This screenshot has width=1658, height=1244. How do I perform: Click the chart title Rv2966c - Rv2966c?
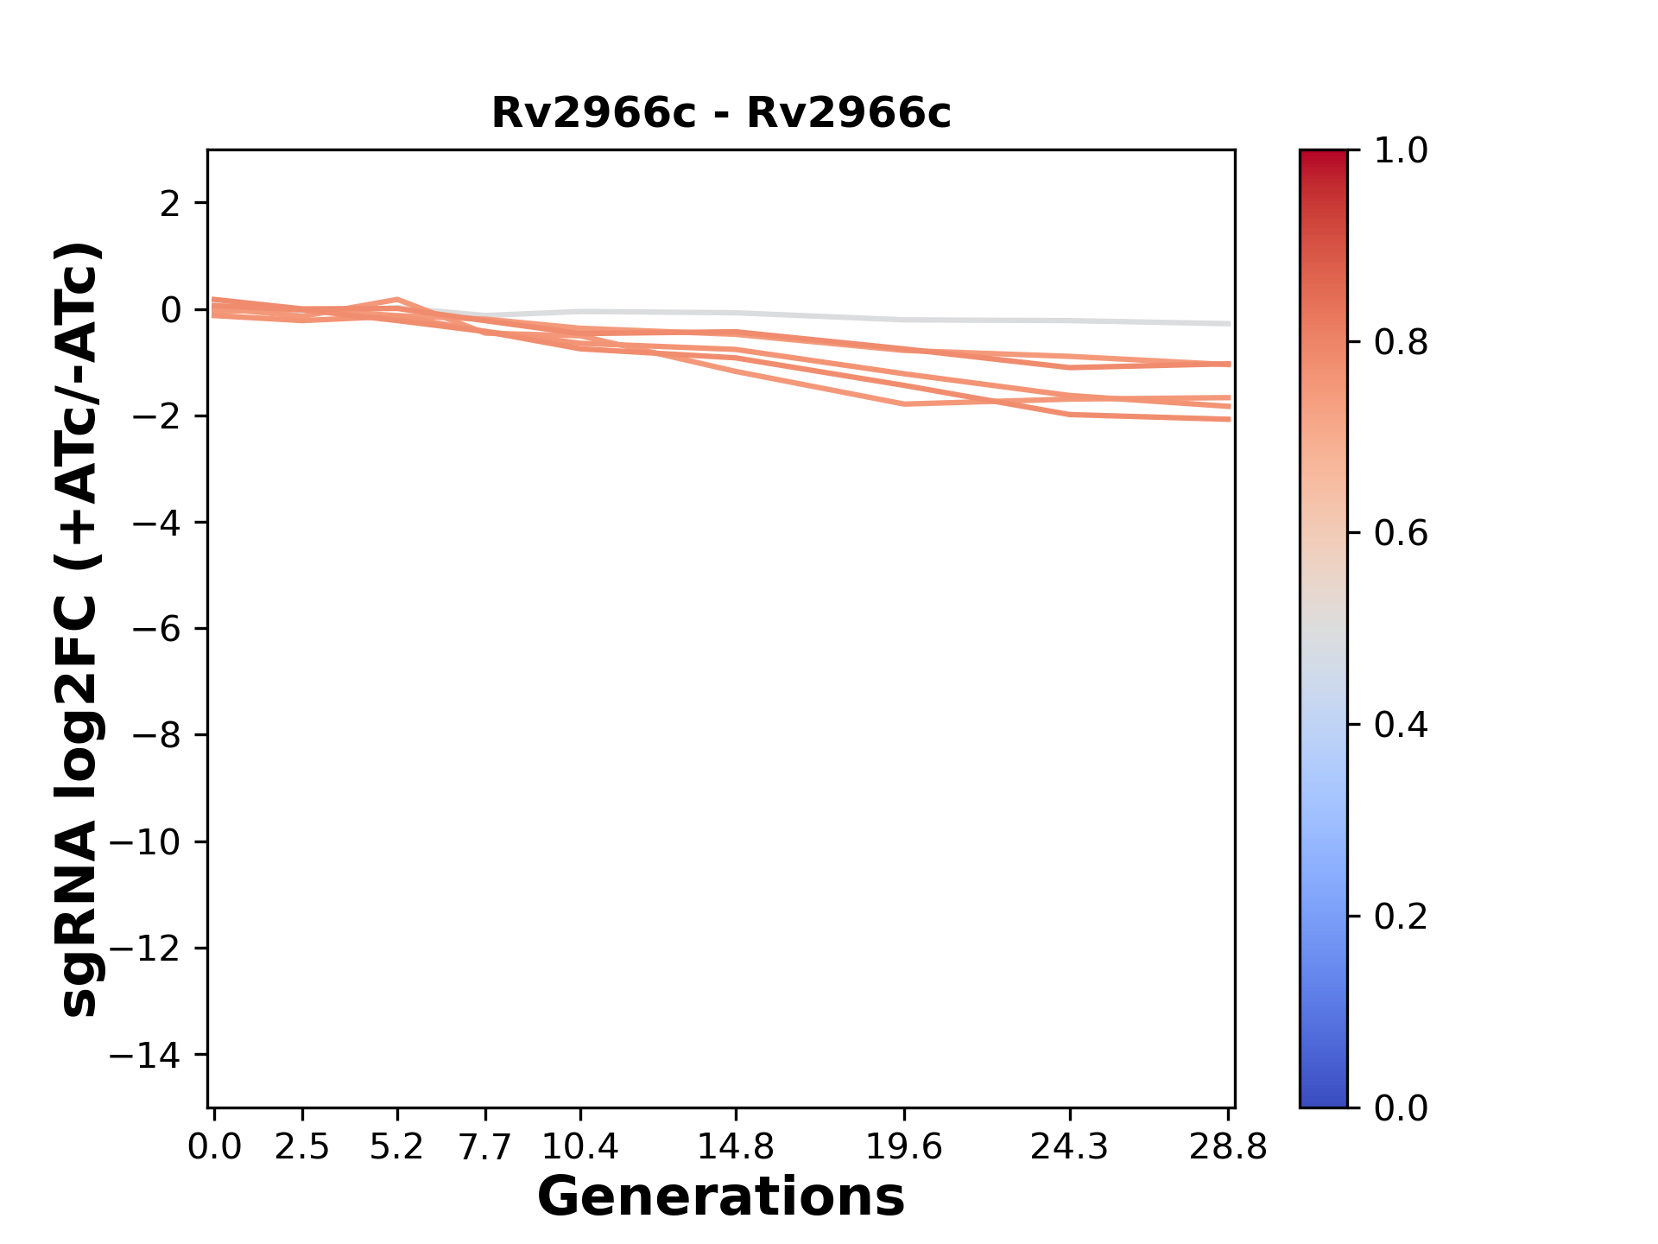pos(721,113)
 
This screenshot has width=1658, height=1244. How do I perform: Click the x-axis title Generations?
pos(721,1197)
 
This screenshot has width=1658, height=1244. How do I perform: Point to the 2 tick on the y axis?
pos(170,204)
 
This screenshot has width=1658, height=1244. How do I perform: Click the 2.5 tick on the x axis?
pos(302,1147)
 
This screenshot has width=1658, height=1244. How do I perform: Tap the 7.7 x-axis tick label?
pos(485,1147)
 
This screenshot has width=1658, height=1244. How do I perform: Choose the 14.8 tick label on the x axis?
pos(735,1147)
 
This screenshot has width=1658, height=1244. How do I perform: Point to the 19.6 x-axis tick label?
pos(904,1147)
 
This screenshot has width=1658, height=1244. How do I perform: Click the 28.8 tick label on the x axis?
pos(1228,1147)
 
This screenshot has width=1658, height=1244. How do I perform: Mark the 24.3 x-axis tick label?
pos(1070,1147)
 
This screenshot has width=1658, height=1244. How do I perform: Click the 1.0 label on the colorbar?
pos(1401,151)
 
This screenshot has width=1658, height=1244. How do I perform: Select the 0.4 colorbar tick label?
pos(1401,725)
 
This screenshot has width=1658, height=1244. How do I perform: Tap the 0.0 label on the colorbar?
pos(1401,1108)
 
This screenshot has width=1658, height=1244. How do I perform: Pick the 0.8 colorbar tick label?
pos(1401,343)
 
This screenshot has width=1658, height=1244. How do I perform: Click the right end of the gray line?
pos(1229,324)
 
